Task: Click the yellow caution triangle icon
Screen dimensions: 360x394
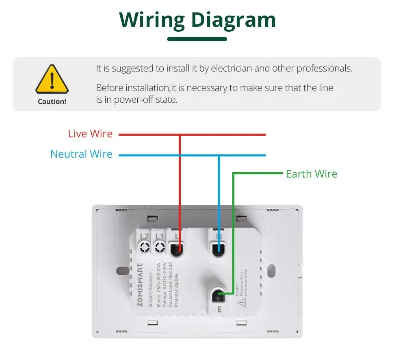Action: coord(52,80)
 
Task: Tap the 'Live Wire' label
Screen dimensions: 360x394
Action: coord(90,134)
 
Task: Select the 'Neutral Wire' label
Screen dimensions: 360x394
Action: coord(81,154)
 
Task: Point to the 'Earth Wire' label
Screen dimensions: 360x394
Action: coord(312,174)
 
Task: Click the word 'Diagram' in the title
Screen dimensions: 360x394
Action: coord(234,20)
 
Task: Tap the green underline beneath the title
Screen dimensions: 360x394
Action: coord(197,39)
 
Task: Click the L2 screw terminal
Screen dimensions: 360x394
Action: coord(144,246)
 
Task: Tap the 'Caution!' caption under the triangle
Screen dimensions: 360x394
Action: coord(52,102)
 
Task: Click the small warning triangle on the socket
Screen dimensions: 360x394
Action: coord(242,302)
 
